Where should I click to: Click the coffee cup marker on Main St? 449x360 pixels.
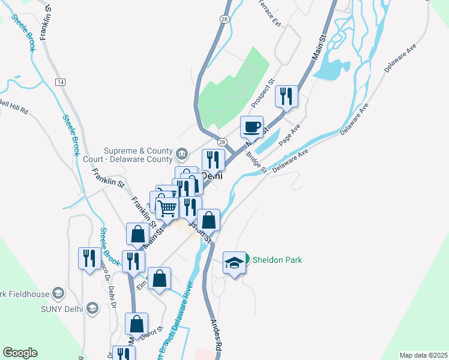(x=252, y=127)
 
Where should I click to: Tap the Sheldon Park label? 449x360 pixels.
(x=277, y=260)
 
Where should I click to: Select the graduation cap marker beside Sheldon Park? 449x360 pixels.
(x=234, y=262)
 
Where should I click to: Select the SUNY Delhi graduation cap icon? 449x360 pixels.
(x=92, y=308)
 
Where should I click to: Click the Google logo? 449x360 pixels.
(x=20, y=353)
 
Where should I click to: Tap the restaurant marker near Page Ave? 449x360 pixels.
(x=286, y=96)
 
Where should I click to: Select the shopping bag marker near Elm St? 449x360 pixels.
(x=159, y=278)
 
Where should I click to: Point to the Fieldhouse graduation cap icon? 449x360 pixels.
(x=58, y=293)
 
